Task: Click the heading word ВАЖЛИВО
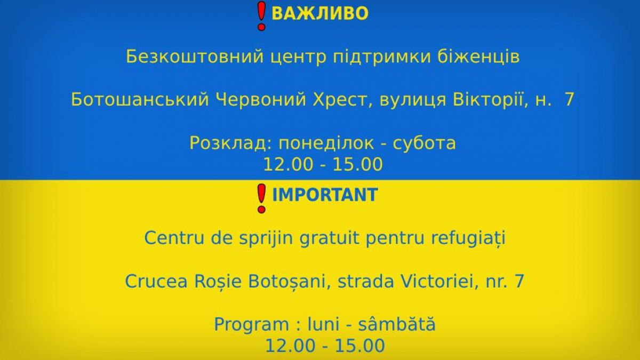tap(319, 13)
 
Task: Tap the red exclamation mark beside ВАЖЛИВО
tap(261, 15)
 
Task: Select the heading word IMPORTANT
tap(325, 195)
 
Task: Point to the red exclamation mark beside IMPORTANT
tap(261, 198)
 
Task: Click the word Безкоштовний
tap(195, 57)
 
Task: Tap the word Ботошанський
tap(140, 100)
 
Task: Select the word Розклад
tap(231, 143)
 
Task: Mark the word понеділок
tap(326, 143)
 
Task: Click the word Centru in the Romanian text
tap(174, 238)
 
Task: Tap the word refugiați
tap(468, 239)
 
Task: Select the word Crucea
tap(156, 282)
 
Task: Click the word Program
tap(251, 325)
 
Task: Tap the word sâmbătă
tap(397, 324)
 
